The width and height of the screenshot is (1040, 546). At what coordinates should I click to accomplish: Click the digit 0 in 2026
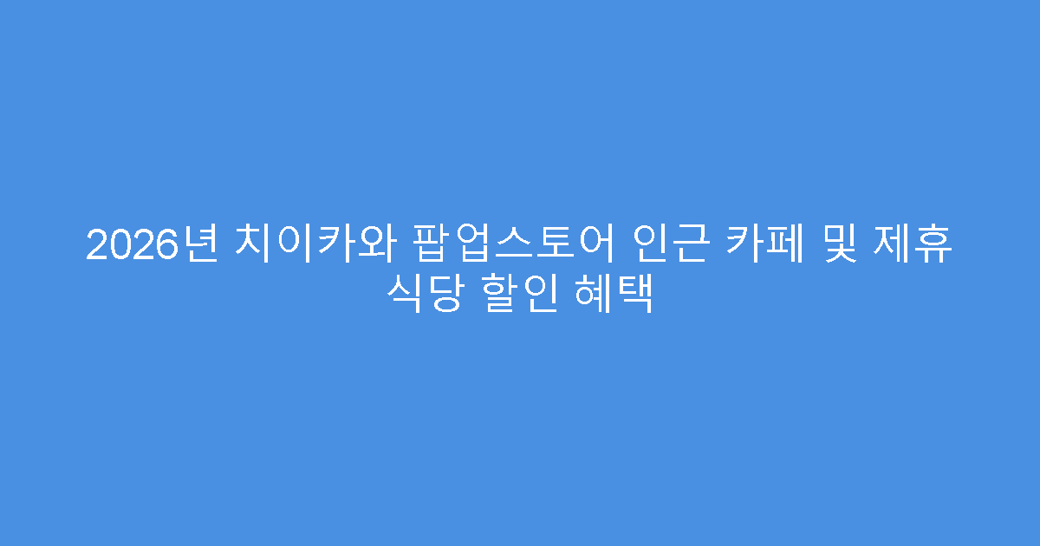(116, 245)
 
